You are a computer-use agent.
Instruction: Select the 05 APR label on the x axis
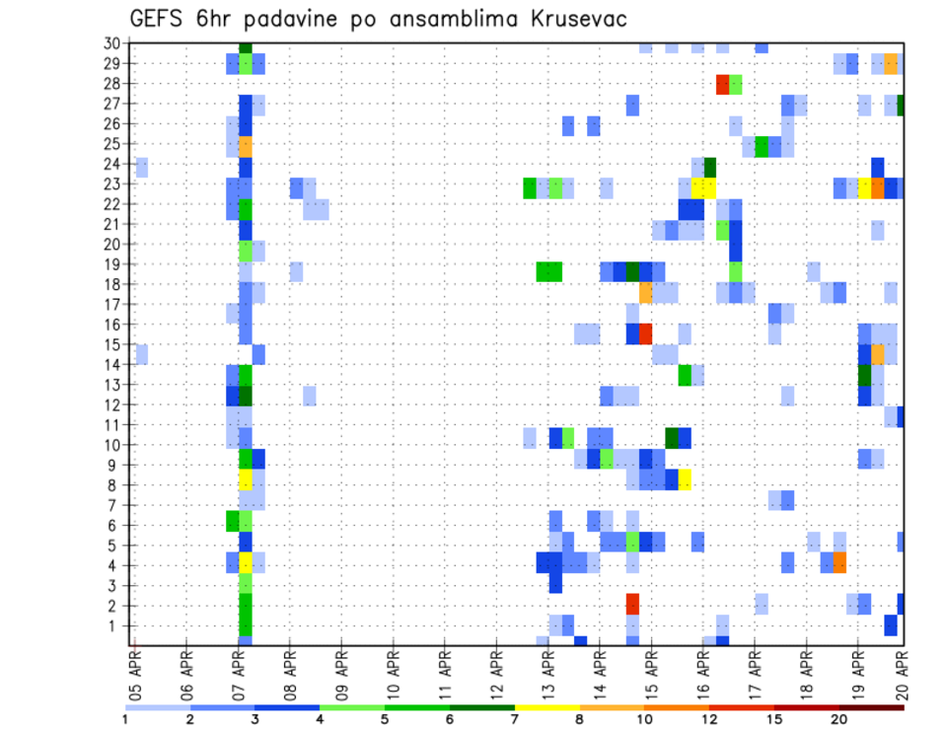(135, 674)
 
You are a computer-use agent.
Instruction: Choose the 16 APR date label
(702, 674)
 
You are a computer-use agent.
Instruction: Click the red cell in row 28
(722, 84)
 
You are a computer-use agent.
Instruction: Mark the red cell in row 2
(632, 604)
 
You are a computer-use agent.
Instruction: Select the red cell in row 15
(645, 333)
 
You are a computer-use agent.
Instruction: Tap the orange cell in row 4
(839, 562)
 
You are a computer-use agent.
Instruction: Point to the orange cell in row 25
(246, 144)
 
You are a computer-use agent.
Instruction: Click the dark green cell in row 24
(709, 165)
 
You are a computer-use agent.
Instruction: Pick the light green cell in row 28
(735, 84)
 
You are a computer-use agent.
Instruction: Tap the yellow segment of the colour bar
(547, 707)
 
